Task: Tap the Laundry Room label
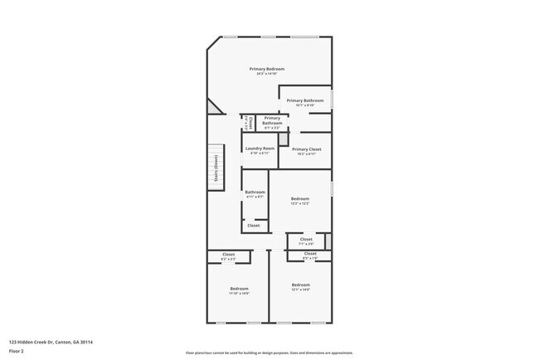260,148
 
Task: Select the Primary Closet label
306,149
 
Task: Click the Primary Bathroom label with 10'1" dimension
305,100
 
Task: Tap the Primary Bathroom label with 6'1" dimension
272,120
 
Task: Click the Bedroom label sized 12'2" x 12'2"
300,198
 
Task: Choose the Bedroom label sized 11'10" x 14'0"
239,288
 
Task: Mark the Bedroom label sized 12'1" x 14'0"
300,285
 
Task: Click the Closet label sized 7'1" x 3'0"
306,239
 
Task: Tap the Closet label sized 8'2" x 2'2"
228,255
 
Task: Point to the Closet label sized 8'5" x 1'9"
310,254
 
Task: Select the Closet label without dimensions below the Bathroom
254,226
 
